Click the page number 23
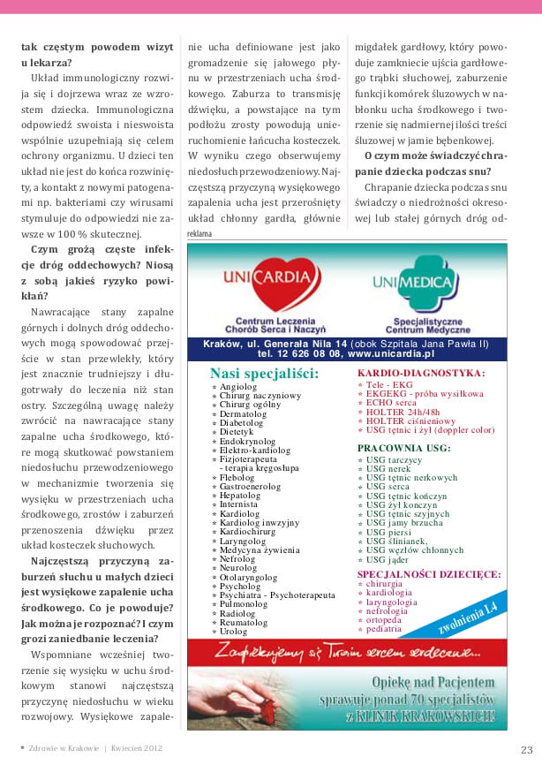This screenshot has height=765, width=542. [526, 749]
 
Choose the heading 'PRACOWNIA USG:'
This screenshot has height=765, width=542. [403, 448]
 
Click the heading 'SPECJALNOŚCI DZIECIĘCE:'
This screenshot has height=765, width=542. [429, 573]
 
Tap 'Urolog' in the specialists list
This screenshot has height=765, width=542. [234, 632]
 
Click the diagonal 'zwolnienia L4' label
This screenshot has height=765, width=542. [468, 618]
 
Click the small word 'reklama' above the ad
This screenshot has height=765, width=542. [200, 234]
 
